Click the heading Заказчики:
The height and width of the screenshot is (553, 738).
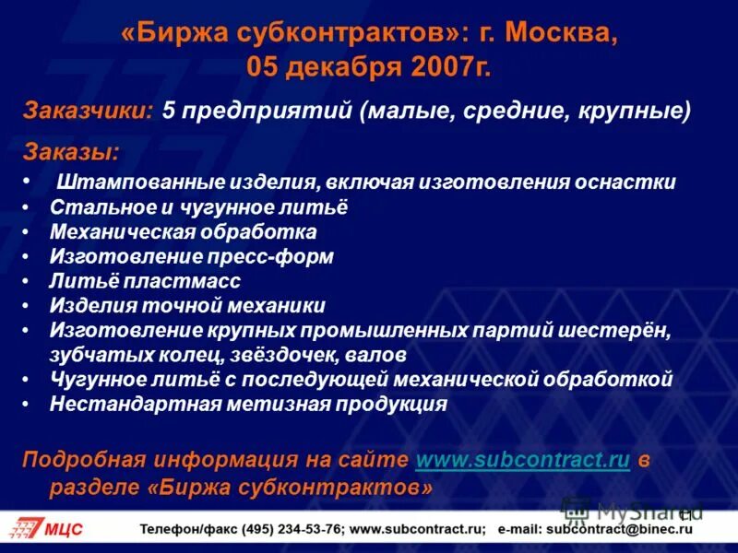88,111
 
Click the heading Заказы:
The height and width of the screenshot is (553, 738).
71,151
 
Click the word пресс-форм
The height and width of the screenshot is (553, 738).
285,256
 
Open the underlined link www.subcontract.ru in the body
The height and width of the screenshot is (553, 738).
522,460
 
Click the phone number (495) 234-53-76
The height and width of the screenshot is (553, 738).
293,529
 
